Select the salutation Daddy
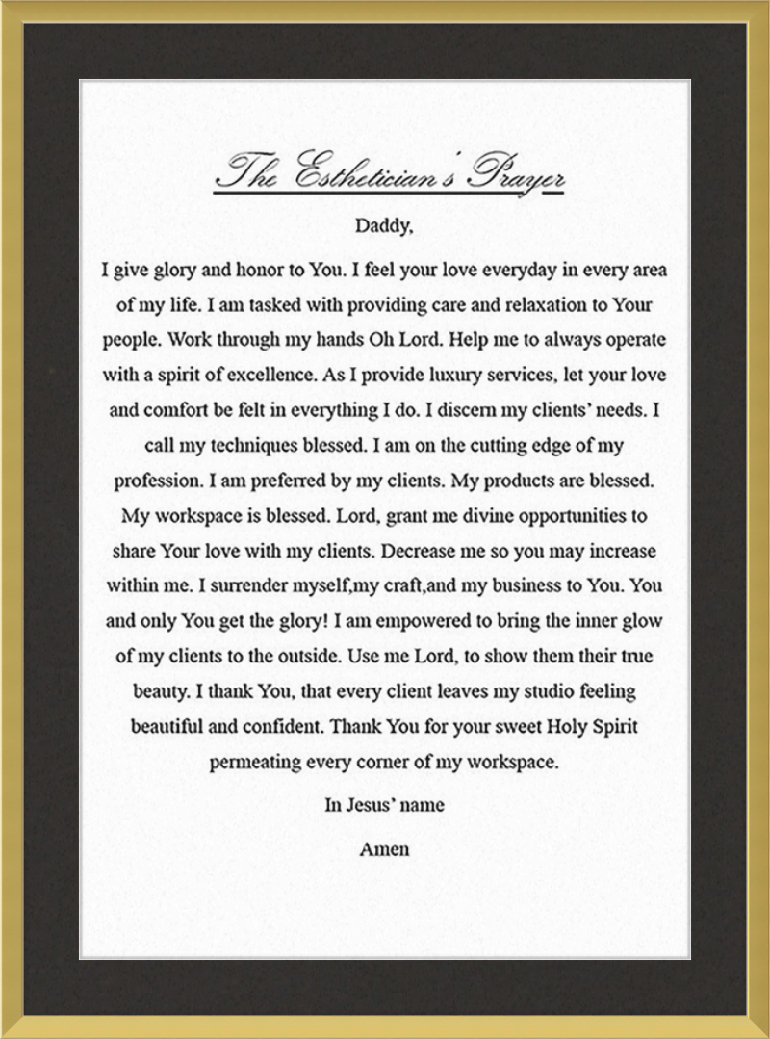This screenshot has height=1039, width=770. pyautogui.click(x=384, y=227)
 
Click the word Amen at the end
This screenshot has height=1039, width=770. pyautogui.click(x=384, y=848)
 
